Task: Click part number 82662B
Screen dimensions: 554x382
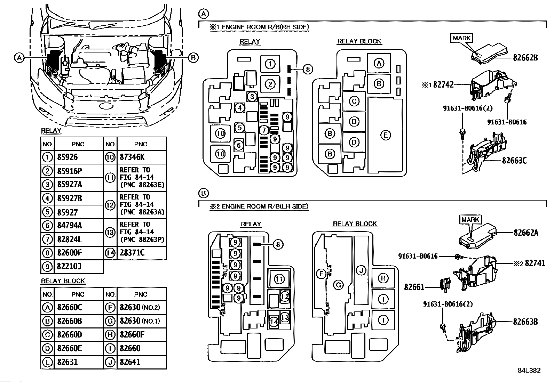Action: pyautogui.click(x=525, y=58)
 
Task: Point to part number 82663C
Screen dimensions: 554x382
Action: pyautogui.click(x=514, y=161)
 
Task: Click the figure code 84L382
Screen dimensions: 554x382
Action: pyautogui.click(x=529, y=371)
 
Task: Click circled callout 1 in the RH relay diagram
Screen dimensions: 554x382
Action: pyautogui.click(x=270, y=64)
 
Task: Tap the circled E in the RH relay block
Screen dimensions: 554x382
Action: pyautogui.click(x=386, y=135)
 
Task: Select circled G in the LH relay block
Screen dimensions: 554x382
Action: pyautogui.click(x=338, y=285)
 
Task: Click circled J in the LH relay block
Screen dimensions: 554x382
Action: pyautogui.click(x=361, y=270)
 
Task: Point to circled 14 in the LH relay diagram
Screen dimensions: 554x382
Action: pyautogui.click(x=274, y=322)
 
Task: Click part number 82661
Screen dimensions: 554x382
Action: pyautogui.click(x=414, y=287)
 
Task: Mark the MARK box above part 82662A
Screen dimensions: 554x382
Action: pyautogui.click(x=470, y=219)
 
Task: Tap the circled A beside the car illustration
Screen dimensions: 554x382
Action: pyautogui.click(x=19, y=58)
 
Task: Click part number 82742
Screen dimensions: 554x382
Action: pyautogui.click(x=443, y=85)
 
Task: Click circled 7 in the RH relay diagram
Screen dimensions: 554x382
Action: pyautogui.click(x=264, y=130)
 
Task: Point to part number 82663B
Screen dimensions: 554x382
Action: pyautogui.click(x=525, y=322)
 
